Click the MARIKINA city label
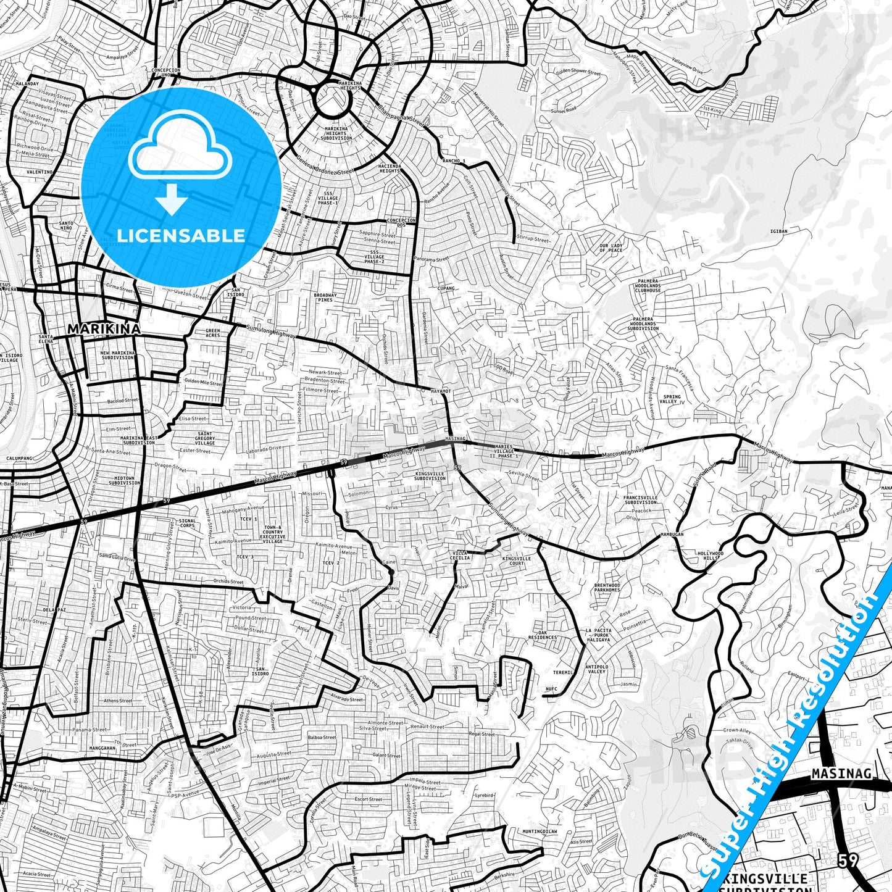(104, 329)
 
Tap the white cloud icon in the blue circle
(180, 147)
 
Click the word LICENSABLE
(181, 235)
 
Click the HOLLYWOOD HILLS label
(709, 556)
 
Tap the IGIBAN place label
(779, 231)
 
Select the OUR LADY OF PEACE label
(611, 248)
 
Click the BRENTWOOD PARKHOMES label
(607, 587)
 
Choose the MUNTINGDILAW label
(540, 832)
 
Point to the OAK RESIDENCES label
(543, 635)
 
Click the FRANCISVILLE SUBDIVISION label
(640, 499)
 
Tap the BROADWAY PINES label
(325, 298)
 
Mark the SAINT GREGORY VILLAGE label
(205, 438)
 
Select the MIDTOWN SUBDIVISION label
(127, 480)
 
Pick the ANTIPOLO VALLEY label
(596, 669)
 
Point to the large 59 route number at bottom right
(848, 860)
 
